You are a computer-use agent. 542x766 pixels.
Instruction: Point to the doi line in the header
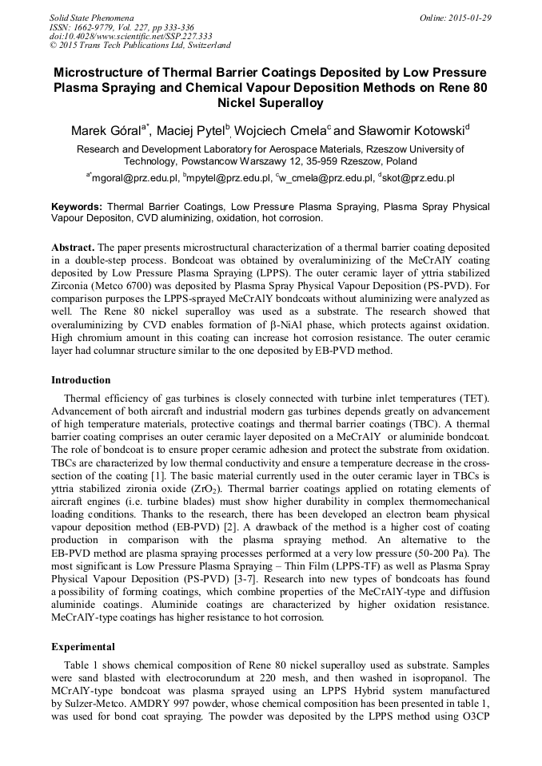tap(130, 36)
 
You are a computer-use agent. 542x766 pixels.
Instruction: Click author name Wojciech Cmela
tap(282, 130)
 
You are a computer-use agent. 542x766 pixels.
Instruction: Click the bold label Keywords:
tap(77, 207)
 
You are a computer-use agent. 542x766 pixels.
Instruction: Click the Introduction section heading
tap(81, 380)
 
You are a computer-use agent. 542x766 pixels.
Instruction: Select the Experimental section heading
tap(83, 646)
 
